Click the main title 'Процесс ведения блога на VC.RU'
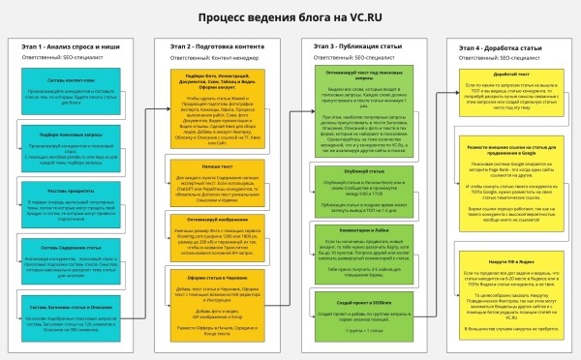[290, 16]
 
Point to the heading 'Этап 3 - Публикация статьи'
[353, 45]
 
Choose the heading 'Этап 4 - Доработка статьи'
[498, 46]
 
